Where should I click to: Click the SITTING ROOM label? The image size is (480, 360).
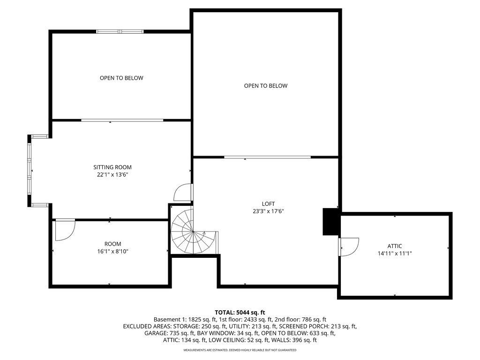pyautogui.click(x=112, y=167)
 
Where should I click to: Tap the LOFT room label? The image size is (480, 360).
pyautogui.click(x=268, y=203)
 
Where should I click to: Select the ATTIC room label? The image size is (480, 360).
pyautogui.click(x=395, y=246)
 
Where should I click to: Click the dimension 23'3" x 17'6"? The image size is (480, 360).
pyautogui.click(x=268, y=211)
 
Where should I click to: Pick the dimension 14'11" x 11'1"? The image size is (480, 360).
pyautogui.click(x=395, y=254)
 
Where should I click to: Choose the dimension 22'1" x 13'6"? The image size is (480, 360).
pyautogui.click(x=112, y=174)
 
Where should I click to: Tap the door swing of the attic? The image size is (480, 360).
pyautogui.click(x=349, y=246)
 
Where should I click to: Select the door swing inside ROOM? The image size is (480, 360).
pyautogui.click(x=64, y=230)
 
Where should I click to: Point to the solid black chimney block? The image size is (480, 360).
pyautogui.click(x=330, y=221)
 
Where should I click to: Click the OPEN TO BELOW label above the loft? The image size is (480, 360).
pyautogui.click(x=266, y=86)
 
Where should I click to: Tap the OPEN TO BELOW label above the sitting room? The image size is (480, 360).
pyautogui.click(x=121, y=78)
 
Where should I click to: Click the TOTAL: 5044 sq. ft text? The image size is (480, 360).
pyautogui.click(x=240, y=312)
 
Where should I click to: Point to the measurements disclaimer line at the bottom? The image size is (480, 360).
pyautogui.click(x=240, y=350)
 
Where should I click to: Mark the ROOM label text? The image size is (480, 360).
pyautogui.click(x=112, y=244)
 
